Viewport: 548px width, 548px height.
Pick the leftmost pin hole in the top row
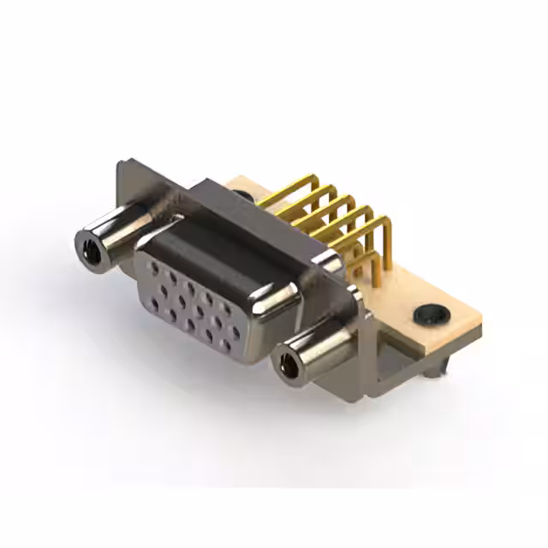[x=154, y=267]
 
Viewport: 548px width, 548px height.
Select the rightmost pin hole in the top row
[x=227, y=308]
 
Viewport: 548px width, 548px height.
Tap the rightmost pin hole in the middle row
[x=235, y=331]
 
